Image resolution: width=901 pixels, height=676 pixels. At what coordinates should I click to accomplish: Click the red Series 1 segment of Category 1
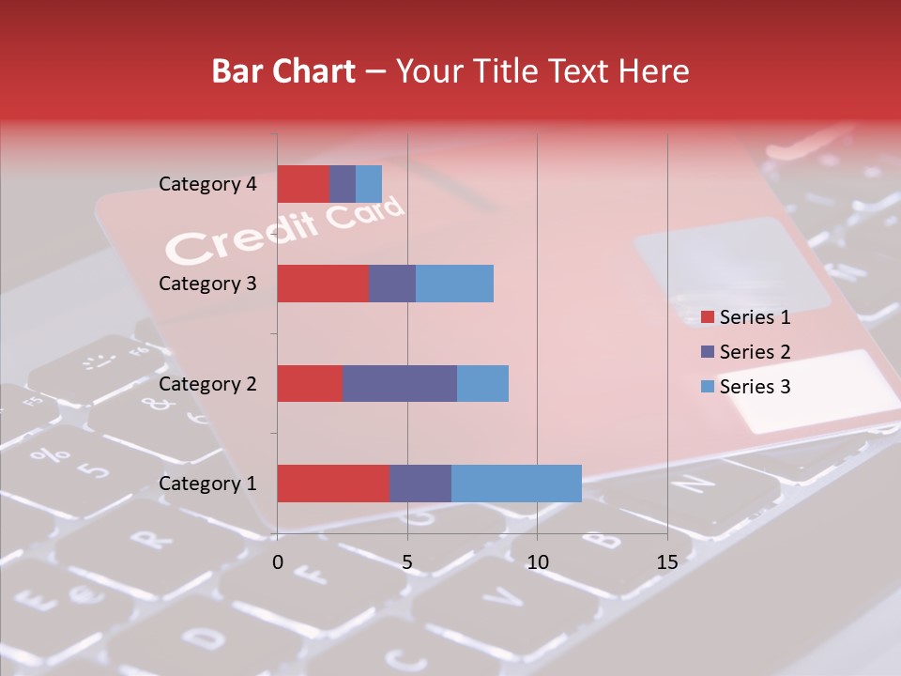tap(333, 483)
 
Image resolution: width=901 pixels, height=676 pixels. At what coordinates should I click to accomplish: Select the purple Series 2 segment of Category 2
tap(400, 383)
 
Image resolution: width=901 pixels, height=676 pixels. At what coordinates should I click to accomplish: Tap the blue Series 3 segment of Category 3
tap(454, 284)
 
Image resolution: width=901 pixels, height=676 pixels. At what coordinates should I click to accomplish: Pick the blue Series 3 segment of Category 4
tap(369, 184)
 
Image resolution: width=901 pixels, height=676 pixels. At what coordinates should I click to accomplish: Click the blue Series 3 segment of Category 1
tap(516, 483)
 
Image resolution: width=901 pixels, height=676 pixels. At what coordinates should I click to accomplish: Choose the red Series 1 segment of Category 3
tap(323, 284)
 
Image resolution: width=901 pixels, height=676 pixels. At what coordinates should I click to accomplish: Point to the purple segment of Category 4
tap(343, 184)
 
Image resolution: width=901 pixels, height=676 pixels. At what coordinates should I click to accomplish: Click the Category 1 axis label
tap(207, 484)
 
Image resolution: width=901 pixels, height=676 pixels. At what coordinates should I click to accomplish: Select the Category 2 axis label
tap(207, 384)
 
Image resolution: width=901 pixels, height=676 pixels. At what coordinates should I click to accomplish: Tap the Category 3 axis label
tap(207, 284)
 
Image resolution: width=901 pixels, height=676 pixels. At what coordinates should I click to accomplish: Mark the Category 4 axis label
tap(207, 184)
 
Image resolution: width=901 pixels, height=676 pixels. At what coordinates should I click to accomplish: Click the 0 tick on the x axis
tap(278, 562)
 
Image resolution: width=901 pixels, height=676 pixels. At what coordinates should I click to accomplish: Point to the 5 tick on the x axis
tap(407, 562)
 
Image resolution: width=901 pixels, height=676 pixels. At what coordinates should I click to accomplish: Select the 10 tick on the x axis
tap(537, 562)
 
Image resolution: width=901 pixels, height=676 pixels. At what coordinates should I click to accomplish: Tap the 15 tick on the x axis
tap(666, 562)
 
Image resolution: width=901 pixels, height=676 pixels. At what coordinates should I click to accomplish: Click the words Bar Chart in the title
tap(283, 71)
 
